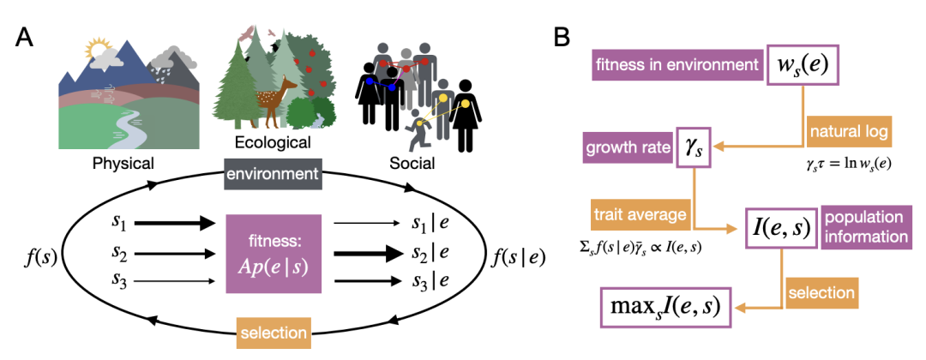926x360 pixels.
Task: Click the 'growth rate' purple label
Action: (628, 147)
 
